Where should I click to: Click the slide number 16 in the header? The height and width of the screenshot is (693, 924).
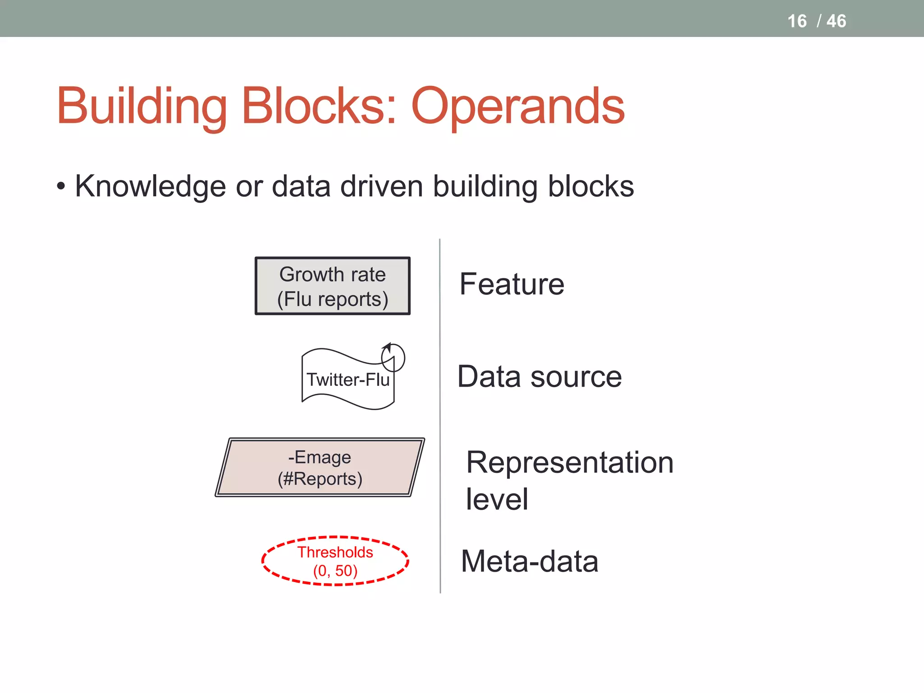797,21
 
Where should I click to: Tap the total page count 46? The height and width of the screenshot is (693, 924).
836,21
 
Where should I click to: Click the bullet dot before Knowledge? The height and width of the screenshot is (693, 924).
61,186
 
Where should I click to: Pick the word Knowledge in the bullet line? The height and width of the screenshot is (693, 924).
150,186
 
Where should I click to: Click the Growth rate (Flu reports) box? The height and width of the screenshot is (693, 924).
333,286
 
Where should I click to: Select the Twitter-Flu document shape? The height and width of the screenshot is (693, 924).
348,379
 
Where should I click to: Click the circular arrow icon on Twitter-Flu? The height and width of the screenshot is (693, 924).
393,357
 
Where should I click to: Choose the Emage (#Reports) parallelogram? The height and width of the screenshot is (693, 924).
320,467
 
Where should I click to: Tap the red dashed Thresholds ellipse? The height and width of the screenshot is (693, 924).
335,561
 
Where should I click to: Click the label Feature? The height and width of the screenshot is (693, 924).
512,284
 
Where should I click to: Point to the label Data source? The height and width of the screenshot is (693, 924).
540,377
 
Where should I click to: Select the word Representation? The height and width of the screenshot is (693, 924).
570,462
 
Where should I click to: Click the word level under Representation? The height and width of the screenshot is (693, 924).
497,499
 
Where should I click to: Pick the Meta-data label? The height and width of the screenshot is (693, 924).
530,561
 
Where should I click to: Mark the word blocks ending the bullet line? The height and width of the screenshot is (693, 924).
591,186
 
